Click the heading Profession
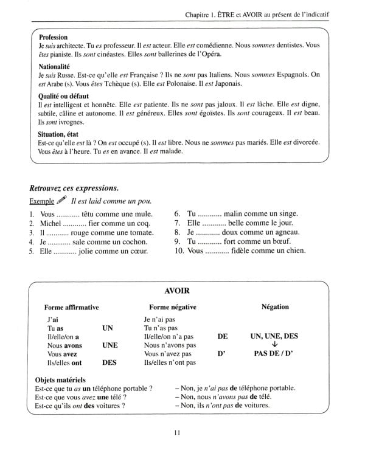[x=53, y=37]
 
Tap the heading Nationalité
[x=55, y=66]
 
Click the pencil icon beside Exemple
[x=61, y=200]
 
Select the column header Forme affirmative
[x=72, y=307]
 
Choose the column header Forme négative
[x=173, y=307]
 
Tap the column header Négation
[x=274, y=307]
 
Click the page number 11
[x=177, y=433]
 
